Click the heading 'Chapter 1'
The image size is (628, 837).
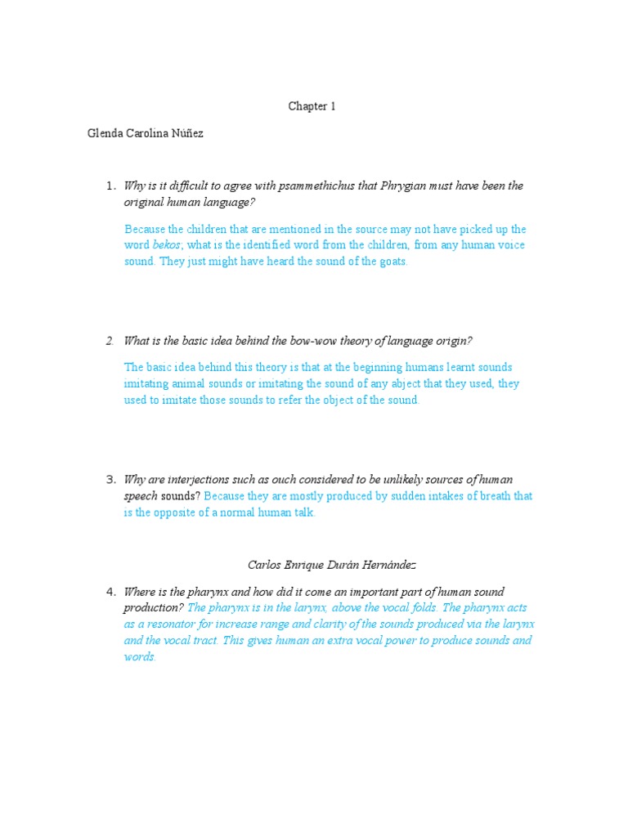pos(312,106)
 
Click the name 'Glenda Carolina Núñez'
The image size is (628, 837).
pos(146,133)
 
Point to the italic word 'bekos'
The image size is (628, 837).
pos(168,245)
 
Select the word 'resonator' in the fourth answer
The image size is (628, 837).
pos(164,624)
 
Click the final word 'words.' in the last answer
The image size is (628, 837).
pos(140,657)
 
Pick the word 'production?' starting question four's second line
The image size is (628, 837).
pos(153,607)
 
